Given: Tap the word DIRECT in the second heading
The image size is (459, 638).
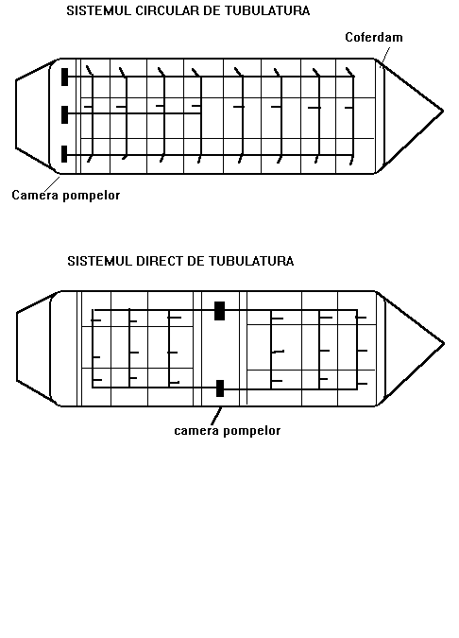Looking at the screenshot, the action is point(160,261).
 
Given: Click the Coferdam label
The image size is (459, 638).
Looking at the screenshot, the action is point(374,37).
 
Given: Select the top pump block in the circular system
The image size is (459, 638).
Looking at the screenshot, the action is point(64,77).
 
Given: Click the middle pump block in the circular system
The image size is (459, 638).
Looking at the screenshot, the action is point(64,114).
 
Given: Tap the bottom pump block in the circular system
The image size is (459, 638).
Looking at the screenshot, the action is point(64,154).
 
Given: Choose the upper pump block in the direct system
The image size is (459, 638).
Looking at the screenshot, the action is point(219,311).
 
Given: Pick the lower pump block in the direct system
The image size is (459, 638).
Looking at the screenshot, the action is point(220,388).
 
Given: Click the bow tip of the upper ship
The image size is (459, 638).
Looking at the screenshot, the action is point(443,111).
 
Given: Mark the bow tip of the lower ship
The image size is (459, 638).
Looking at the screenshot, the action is point(444,343).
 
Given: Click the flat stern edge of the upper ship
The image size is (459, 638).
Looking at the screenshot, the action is point(16,114).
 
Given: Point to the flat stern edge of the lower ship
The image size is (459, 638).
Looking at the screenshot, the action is point(17,347).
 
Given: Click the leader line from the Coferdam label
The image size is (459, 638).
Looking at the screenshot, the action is point(385,56).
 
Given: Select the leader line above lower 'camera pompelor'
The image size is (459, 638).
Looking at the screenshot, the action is point(217,416).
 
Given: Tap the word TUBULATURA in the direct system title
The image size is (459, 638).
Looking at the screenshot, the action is point(251,261).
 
